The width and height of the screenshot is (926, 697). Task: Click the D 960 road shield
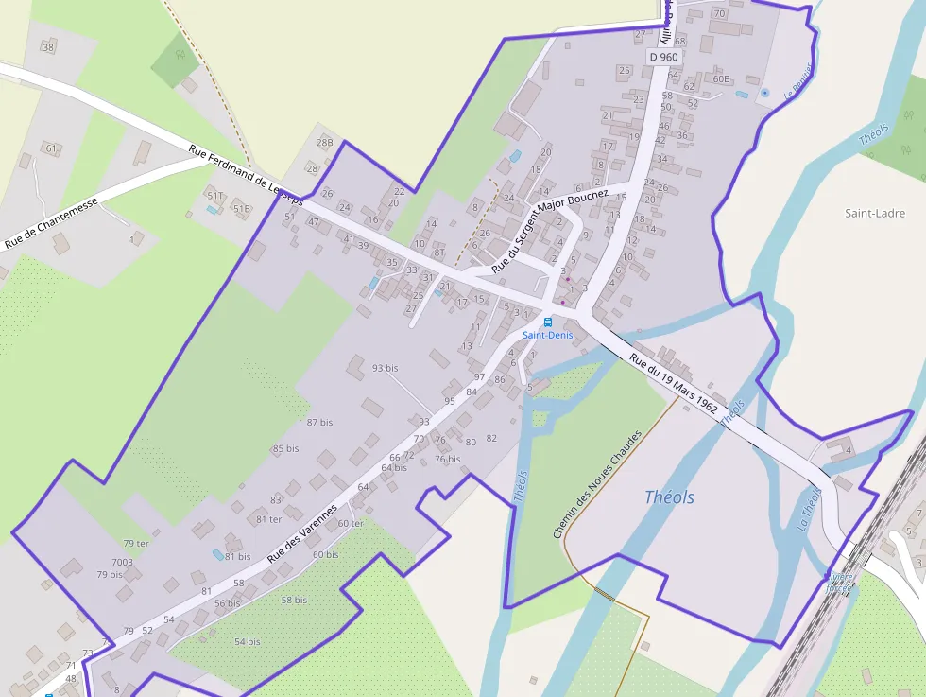tap(663, 57)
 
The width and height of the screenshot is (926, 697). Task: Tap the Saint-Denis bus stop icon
tap(548, 322)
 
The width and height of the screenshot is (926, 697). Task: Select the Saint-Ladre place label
tap(875, 213)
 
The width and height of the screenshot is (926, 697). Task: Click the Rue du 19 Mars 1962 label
tap(674, 382)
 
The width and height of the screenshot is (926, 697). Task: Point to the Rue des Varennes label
tap(302, 534)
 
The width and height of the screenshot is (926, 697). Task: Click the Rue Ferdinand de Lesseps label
tap(246, 175)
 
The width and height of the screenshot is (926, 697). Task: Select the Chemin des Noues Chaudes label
tap(597, 484)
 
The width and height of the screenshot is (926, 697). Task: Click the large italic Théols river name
tap(669, 497)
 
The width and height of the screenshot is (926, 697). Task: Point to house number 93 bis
tap(385, 368)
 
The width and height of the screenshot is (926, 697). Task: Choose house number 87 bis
tap(320, 423)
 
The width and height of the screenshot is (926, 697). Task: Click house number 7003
tap(123, 563)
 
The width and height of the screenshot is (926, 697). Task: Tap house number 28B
tap(325, 144)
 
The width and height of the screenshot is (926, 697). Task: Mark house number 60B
tap(722, 79)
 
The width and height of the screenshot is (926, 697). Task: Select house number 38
tap(49, 47)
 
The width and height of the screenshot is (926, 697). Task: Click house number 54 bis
tap(247, 642)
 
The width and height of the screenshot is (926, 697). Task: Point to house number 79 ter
tap(136, 544)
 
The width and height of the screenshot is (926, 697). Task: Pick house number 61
tap(51, 148)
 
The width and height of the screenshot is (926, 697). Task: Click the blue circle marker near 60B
tap(764, 93)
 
